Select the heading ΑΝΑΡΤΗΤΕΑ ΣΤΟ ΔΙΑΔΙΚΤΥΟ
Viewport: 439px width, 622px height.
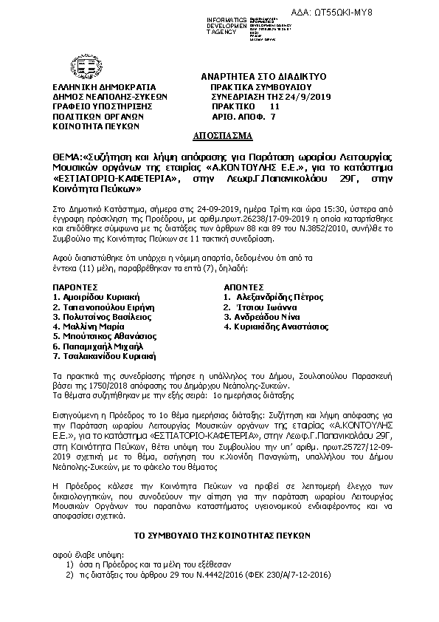tap(263, 77)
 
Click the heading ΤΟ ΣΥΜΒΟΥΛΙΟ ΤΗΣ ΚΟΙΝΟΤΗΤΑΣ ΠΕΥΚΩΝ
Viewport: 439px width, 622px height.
tap(221, 534)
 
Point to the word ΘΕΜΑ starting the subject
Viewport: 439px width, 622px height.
tap(67, 157)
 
